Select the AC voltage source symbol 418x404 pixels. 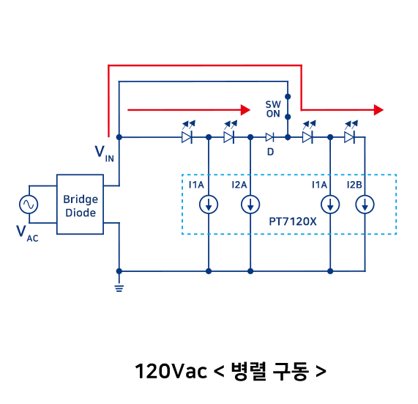pyautogui.click(x=29, y=205)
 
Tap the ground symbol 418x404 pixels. pyautogui.click(x=119, y=288)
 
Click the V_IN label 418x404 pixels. pyautogui.click(x=104, y=154)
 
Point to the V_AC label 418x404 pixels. pyautogui.click(x=27, y=233)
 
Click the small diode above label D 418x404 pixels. pyautogui.click(x=269, y=138)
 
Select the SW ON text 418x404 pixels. pyautogui.click(x=273, y=109)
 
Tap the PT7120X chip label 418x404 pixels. pyautogui.click(x=292, y=221)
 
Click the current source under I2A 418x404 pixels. pyautogui.click(x=250, y=205)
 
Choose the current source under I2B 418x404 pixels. pyautogui.click(x=365, y=205)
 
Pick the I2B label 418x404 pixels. pyautogui.click(x=354, y=185)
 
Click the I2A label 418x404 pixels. pyautogui.click(x=239, y=185)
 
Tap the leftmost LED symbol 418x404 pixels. pyautogui.click(x=188, y=133)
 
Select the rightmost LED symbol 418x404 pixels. pyautogui.click(x=351, y=133)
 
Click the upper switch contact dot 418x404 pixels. pyautogui.click(x=288, y=96)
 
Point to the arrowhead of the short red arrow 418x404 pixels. pyautogui.click(x=245, y=110)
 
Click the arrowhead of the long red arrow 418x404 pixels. pyautogui.click(x=378, y=110)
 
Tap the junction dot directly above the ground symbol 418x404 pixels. pyautogui.click(x=119, y=271)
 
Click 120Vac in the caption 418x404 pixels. pyautogui.click(x=171, y=371)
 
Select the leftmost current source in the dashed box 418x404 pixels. pyautogui.click(x=209, y=205)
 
